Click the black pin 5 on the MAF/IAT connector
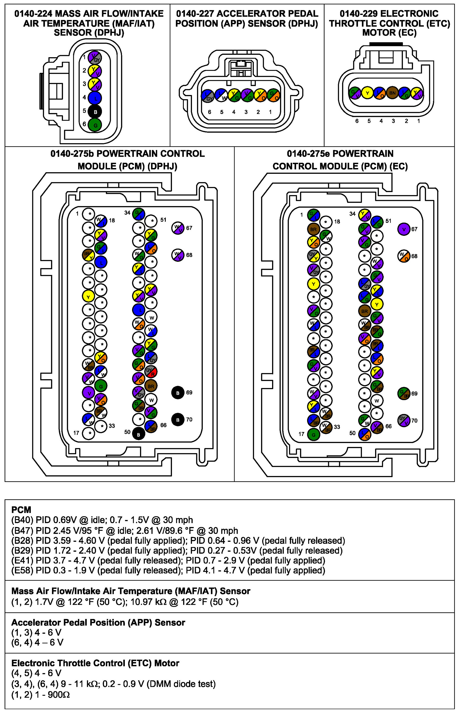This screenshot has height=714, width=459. (x=95, y=112)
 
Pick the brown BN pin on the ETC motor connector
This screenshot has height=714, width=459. (x=392, y=93)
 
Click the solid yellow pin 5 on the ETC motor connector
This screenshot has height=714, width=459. (x=368, y=93)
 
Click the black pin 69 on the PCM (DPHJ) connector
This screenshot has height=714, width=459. (x=178, y=393)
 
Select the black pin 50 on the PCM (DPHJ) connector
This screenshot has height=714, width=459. (x=138, y=434)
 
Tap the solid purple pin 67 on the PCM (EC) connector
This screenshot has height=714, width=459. (x=404, y=229)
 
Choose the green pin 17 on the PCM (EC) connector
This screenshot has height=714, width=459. (x=313, y=434)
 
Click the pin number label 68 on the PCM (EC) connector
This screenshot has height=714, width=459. (x=414, y=256)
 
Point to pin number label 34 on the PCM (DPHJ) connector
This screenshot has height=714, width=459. (x=127, y=213)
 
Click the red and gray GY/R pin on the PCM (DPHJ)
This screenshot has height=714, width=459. (x=151, y=371)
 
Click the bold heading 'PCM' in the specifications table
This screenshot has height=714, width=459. (x=21, y=510)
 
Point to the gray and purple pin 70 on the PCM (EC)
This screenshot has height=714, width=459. (x=404, y=420)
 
